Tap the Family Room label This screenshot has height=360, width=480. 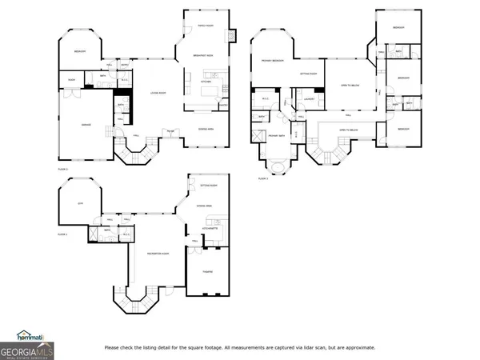point(206,26)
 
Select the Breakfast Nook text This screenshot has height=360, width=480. point(202,54)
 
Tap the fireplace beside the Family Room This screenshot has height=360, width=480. point(233,36)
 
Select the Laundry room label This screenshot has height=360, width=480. point(307,99)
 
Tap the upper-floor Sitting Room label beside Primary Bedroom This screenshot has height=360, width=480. point(308,73)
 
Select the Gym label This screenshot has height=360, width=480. point(79,204)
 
